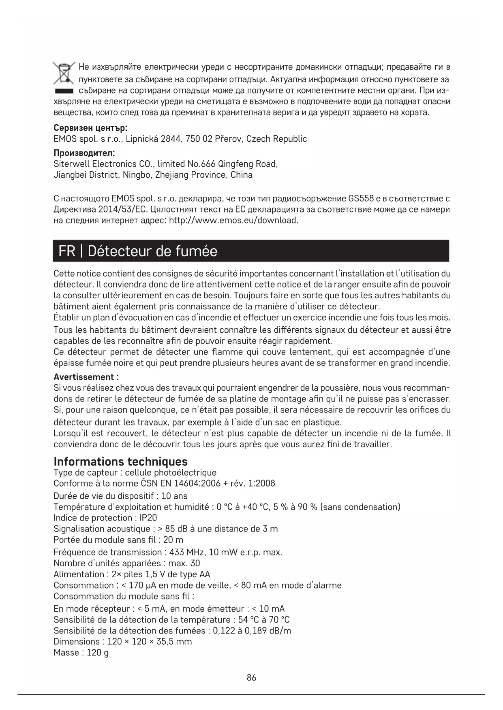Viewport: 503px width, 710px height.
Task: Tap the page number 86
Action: [x=251, y=678]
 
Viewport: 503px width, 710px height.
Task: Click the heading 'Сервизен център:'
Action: [x=90, y=128]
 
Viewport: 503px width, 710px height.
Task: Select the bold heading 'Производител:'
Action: [x=84, y=153]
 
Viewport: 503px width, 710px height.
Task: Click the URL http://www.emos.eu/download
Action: [x=233, y=221]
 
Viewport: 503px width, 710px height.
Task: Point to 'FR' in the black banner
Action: [x=67, y=251]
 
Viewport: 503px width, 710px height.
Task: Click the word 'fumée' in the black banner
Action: [x=197, y=251]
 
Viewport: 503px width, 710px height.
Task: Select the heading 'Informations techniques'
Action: [x=120, y=461]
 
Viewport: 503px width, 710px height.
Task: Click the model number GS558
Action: [x=361, y=199]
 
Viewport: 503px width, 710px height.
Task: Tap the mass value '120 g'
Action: [x=98, y=653]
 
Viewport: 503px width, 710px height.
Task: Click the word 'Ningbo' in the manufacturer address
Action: [x=137, y=175]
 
